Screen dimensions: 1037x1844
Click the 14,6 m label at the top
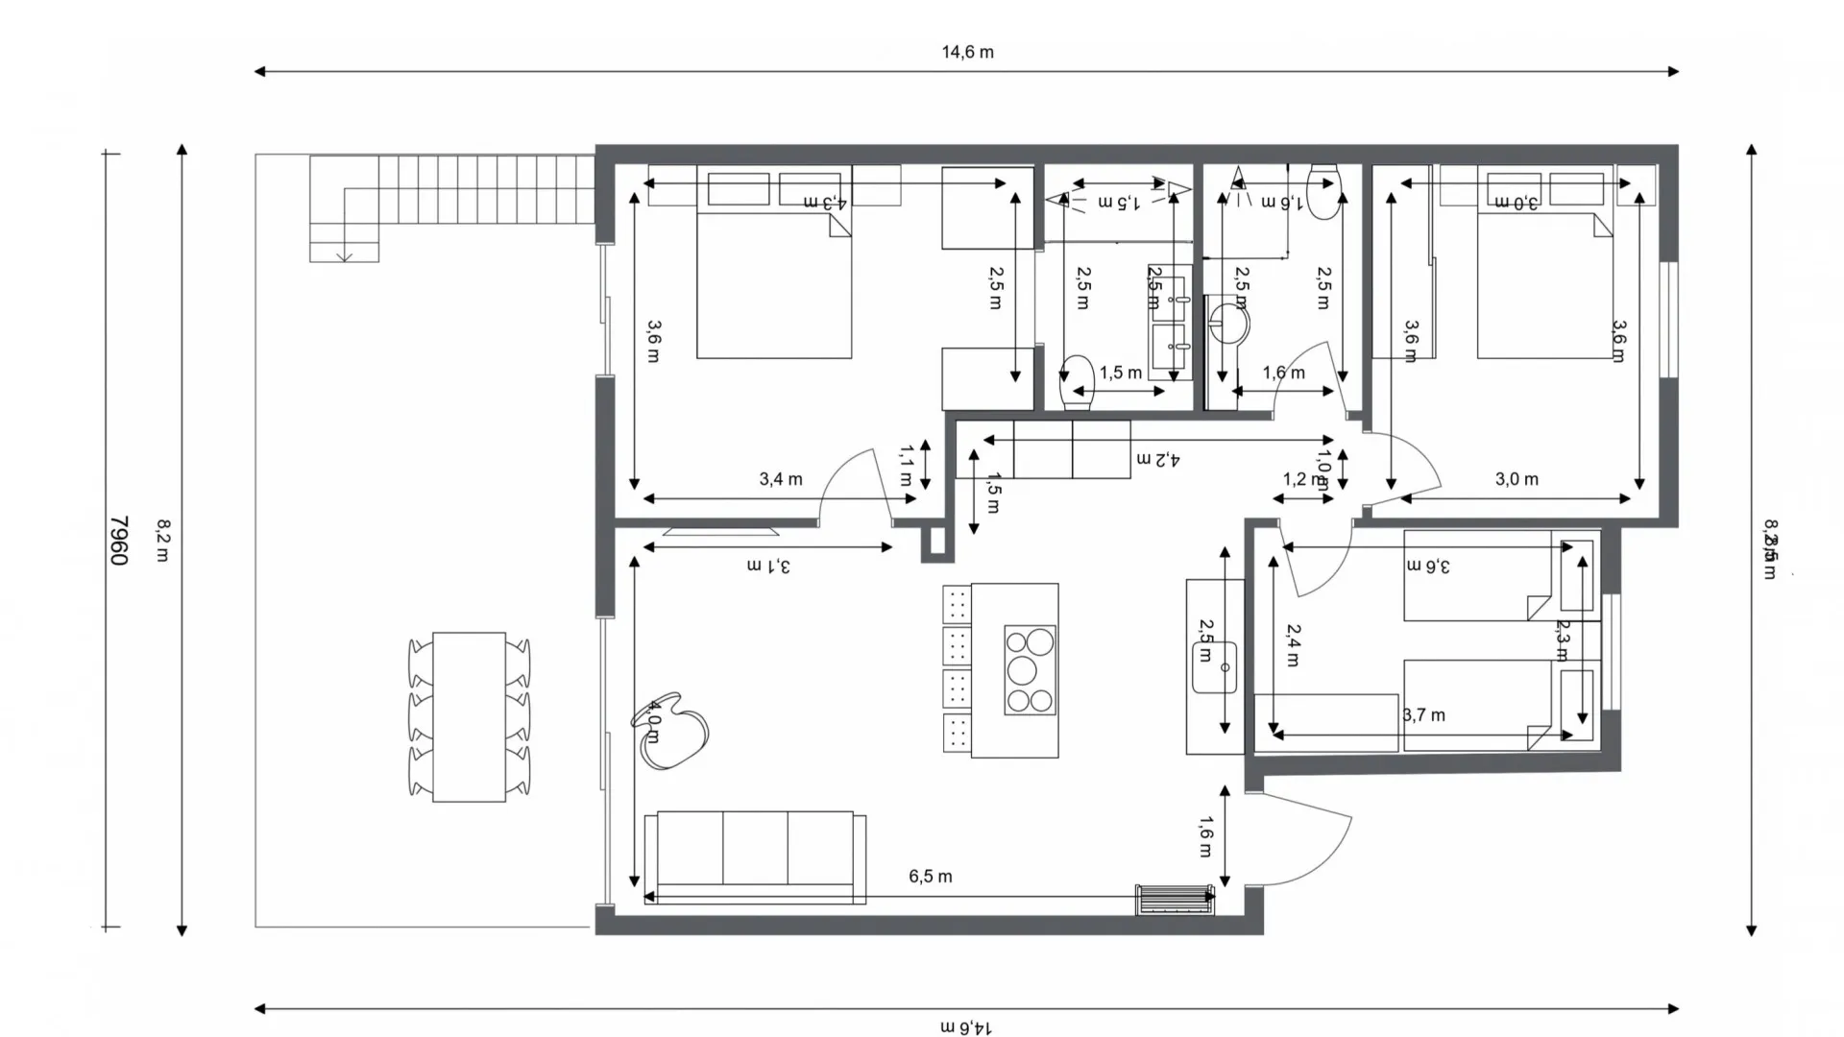967,52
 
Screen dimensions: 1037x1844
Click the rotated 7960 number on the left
118,541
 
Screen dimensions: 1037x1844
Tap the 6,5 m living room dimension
930,876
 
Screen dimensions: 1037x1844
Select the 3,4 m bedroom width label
780,478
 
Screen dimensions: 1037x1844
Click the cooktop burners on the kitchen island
1030,670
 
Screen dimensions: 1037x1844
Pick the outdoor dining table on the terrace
469,716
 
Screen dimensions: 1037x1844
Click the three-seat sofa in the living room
755,855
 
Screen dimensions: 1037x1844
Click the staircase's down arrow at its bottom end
344,255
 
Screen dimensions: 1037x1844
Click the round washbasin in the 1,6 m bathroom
1228,324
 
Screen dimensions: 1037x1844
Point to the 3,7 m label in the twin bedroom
1423,714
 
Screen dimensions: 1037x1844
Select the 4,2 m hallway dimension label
1157,459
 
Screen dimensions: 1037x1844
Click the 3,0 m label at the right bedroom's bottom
1516,478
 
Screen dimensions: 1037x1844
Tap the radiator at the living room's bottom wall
1174,901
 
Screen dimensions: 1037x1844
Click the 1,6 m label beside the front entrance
1206,835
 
